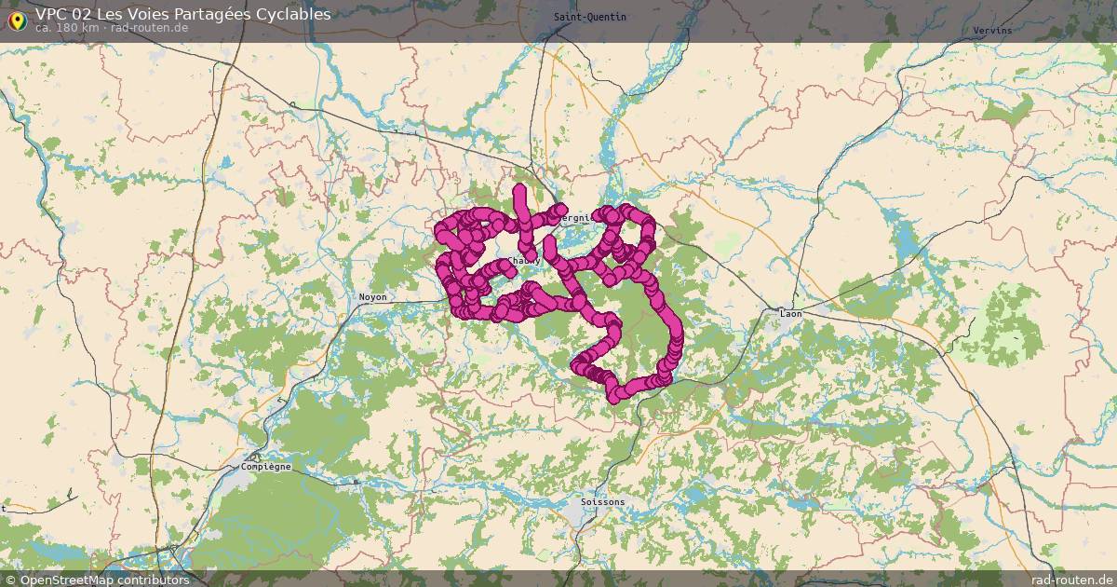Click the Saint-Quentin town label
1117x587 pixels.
[x=589, y=18]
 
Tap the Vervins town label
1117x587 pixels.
[x=991, y=31]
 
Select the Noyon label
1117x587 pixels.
[x=372, y=297]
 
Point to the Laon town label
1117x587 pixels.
[x=790, y=314]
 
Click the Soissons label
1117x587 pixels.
[x=602, y=502]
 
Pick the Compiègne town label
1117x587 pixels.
[x=265, y=466]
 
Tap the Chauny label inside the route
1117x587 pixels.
[x=524, y=261]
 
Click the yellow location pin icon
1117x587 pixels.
[x=17, y=19]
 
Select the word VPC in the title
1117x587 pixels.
[x=52, y=14]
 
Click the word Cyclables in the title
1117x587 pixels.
[x=292, y=14]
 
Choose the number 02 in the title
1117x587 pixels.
[x=86, y=14]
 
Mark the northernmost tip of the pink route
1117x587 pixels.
[x=518, y=189]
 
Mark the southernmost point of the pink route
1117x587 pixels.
[x=615, y=399]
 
